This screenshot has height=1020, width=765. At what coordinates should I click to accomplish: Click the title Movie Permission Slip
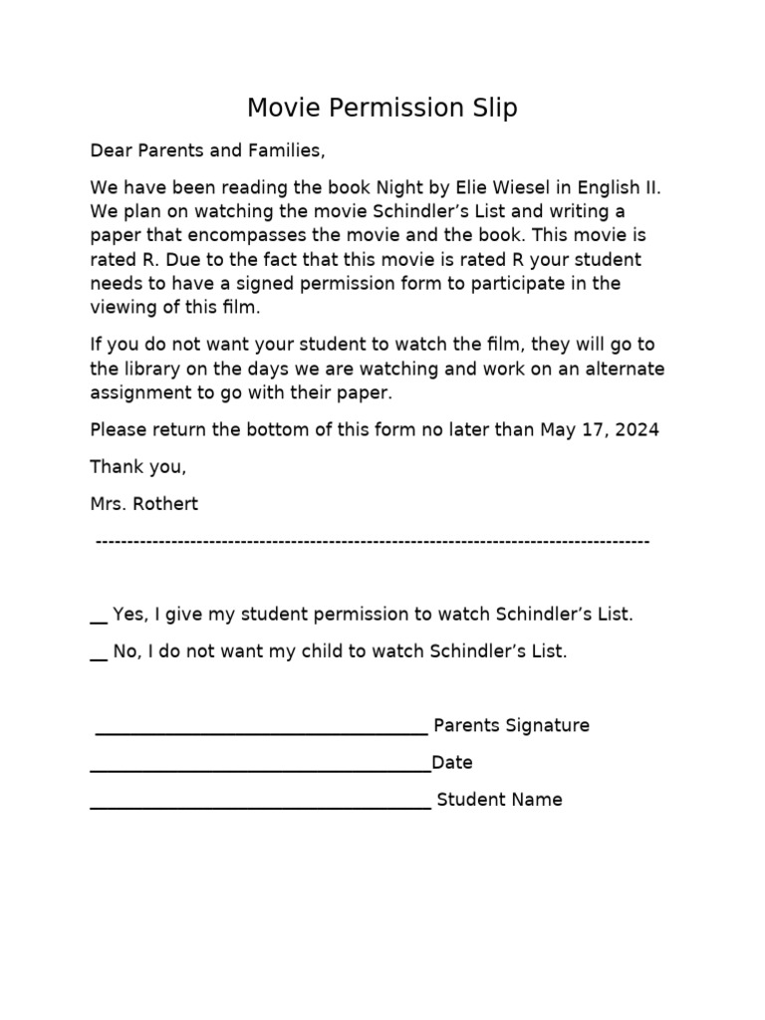(382, 108)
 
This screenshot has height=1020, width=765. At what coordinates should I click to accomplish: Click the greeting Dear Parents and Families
(207, 151)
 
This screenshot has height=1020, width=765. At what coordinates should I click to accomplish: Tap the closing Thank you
(137, 467)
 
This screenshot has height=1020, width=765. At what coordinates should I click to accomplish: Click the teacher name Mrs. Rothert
(144, 504)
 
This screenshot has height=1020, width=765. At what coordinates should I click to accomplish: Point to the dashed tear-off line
(373, 541)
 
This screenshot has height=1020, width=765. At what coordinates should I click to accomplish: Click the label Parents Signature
(511, 726)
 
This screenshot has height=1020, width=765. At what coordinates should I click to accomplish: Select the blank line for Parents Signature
(261, 733)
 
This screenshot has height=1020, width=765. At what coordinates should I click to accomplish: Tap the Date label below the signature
(452, 763)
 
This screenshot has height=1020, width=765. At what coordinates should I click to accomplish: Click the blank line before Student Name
(261, 807)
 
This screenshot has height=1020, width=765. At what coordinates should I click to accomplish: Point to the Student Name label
(500, 800)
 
